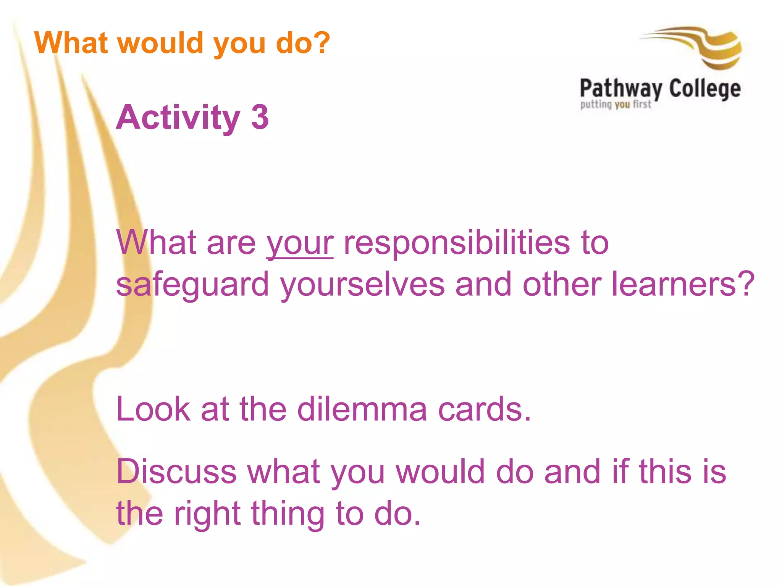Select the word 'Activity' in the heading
(x=178, y=118)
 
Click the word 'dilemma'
(x=362, y=409)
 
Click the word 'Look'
(x=153, y=409)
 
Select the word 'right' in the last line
(x=207, y=514)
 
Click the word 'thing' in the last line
(x=288, y=514)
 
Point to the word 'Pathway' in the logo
(x=621, y=89)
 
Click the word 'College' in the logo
(x=705, y=89)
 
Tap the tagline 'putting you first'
(x=616, y=105)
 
